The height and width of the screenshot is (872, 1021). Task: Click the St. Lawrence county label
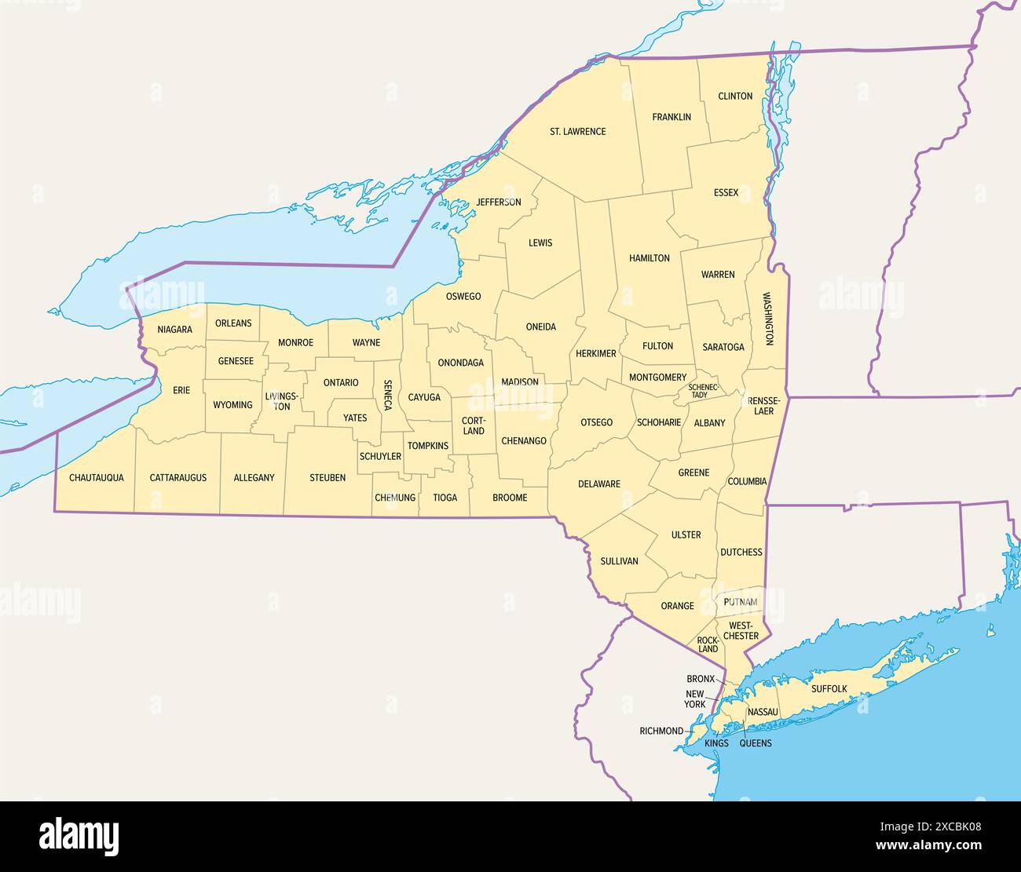(x=577, y=131)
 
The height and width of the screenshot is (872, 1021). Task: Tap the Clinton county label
(x=735, y=96)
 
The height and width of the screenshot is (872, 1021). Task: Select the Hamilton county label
(x=650, y=257)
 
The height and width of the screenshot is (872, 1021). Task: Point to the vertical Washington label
(x=768, y=319)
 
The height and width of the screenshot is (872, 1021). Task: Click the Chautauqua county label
(x=96, y=477)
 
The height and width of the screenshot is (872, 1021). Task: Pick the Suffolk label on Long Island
(x=829, y=688)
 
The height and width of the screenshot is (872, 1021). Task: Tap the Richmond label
(x=661, y=731)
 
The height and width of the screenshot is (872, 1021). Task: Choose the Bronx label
(x=700, y=678)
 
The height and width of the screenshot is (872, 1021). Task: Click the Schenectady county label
(x=703, y=391)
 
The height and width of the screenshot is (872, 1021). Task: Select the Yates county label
(x=355, y=418)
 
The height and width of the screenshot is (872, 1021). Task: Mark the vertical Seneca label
(x=387, y=396)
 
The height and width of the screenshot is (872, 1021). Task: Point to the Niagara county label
(x=174, y=330)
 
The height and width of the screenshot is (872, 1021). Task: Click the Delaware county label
(x=599, y=483)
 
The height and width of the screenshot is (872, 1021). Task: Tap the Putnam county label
(x=741, y=602)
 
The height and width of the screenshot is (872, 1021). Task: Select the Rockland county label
(x=708, y=645)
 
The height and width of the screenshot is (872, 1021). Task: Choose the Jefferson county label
(x=499, y=202)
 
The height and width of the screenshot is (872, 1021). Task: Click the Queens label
(x=756, y=743)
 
